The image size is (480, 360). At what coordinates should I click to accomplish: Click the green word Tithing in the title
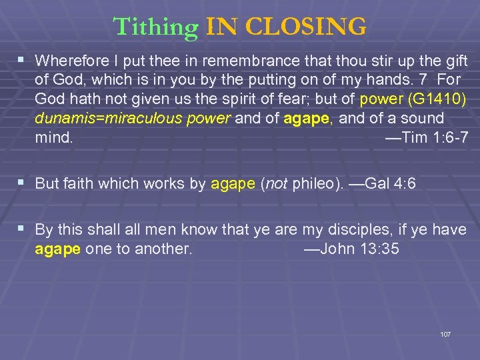coord(155,27)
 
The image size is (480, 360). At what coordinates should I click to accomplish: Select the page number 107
coord(445,333)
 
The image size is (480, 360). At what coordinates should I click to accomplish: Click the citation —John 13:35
coord(351,249)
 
